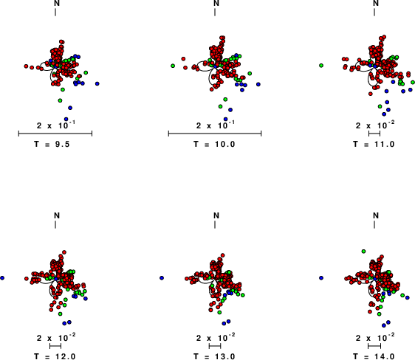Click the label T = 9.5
tap(52, 144)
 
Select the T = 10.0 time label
tap(214, 144)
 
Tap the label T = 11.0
tap(374, 144)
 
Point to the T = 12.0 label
tap(55, 356)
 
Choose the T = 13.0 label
tap(214, 356)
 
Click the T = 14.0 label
tap(374, 356)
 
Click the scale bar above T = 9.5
tap(55, 134)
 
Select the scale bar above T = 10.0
tap(215, 134)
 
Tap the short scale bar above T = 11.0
tap(374, 134)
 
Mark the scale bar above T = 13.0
tap(215, 346)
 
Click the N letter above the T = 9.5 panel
tap(57, 3)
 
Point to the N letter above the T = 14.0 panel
tap(376, 215)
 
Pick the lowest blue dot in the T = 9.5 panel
tap(66, 120)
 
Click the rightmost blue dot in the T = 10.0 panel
tap(258, 84)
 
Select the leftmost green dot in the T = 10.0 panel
tap(173, 66)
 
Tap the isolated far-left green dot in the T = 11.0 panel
tap(321, 65)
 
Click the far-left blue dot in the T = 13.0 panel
tap(162, 278)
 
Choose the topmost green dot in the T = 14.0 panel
tap(363, 251)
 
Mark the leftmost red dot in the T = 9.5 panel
tap(26, 66)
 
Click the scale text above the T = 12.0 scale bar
tap(56, 337)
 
